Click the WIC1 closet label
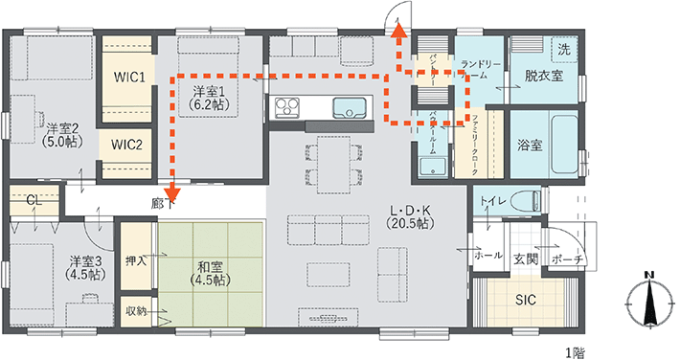(128, 78)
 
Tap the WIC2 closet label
(126, 145)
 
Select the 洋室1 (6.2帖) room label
(210, 98)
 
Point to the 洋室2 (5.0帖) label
(63, 135)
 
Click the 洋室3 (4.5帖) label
(86, 268)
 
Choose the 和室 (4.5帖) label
(210, 273)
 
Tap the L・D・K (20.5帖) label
(410, 217)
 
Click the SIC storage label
(525, 300)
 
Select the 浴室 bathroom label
(530, 145)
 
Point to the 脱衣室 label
(544, 76)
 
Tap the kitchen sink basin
(350, 107)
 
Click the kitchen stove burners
(286, 107)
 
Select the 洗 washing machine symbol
(564, 50)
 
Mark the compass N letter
(648, 275)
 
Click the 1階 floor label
(576, 353)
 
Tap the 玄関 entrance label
(526, 259)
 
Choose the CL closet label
(34, 200)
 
